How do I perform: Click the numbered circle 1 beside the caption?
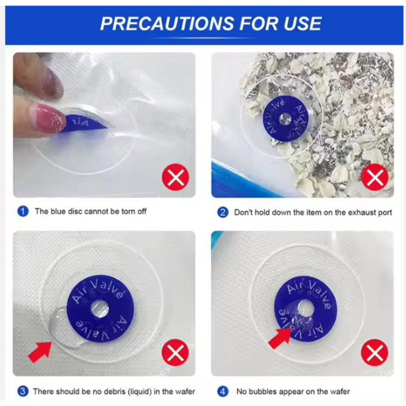[23, 211]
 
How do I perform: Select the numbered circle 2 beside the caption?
[223, 212]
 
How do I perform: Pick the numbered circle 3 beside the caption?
[23, 391]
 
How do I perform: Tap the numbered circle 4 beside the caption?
[223, 391]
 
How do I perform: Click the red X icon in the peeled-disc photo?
[176, 177]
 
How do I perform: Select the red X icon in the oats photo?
[375, 177]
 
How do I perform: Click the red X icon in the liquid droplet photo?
[175, 352]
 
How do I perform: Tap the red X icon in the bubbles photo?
[374, 352]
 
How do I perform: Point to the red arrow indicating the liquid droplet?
[40, 351]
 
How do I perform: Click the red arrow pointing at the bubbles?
[280, 339]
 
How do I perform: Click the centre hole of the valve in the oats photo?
[285, 119]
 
